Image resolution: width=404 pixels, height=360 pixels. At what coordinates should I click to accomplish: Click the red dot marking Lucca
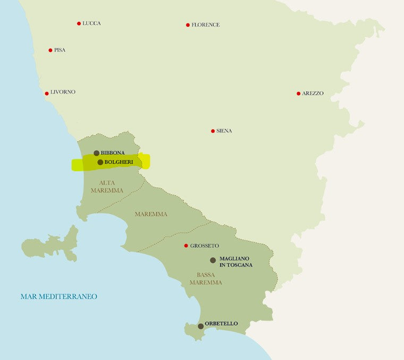[79, 23]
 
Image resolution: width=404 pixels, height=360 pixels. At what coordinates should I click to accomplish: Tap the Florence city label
[205, 25]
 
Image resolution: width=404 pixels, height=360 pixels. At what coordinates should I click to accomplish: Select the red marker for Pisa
[50, 50]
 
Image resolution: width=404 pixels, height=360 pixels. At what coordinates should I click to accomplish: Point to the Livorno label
[63, 92]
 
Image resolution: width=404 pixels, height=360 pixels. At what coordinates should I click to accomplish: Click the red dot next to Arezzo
[298, 94]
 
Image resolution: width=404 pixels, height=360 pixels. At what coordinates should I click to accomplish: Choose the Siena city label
[224, 131]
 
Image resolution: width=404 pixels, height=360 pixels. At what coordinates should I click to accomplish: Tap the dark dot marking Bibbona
[96, 153]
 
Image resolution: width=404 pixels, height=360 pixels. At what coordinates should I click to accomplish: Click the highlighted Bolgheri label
[119, 162]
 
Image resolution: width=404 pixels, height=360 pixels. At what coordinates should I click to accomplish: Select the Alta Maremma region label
[107, 187]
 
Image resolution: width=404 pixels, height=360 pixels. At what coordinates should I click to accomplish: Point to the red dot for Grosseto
[186, 246]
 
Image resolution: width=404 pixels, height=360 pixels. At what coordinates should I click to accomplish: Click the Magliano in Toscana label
[235, 262]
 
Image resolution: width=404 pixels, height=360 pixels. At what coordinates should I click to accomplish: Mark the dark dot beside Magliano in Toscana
[213, 260]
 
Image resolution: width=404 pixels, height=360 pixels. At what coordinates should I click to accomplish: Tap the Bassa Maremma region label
[206, 279]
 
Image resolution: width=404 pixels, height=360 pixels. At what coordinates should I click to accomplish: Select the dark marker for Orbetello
[200, 326]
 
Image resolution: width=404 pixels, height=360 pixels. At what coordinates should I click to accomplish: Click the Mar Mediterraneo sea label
[58, 297]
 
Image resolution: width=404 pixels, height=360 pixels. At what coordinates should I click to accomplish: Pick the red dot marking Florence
[188, 25]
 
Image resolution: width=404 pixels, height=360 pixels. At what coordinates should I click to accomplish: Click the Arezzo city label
[313, 94]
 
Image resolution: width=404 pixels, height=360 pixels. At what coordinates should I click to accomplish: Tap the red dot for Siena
[213, 131]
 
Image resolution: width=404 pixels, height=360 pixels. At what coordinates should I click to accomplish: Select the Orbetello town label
[221, 324]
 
